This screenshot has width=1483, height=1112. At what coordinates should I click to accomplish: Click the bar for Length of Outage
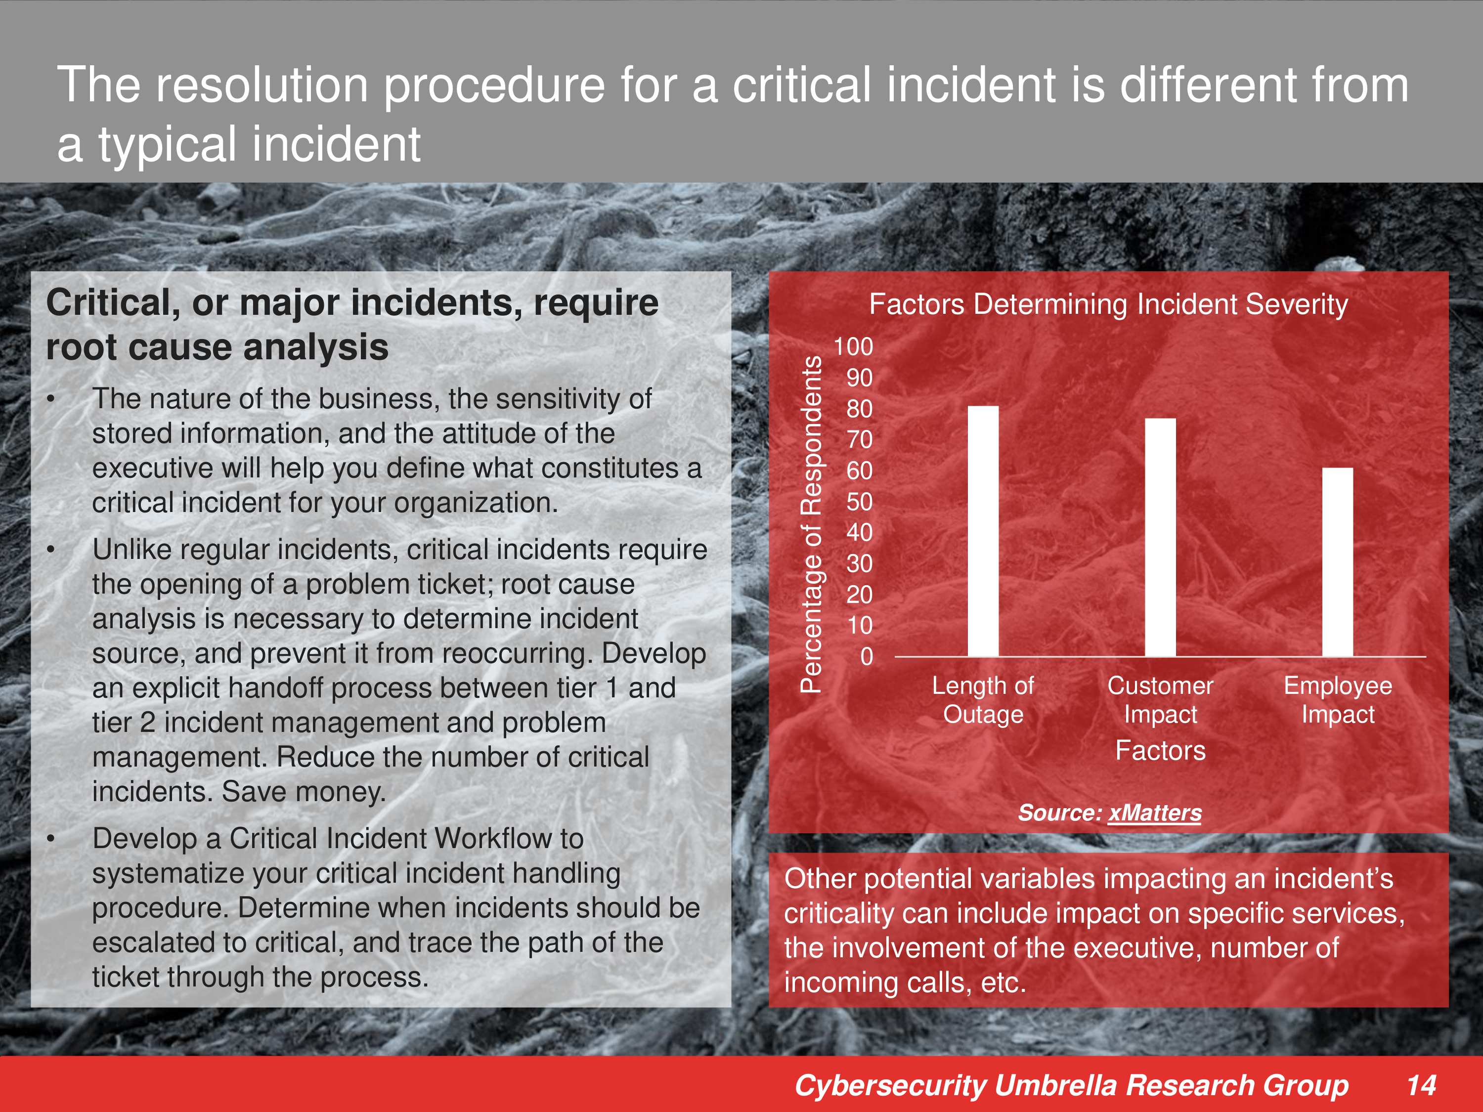(983, 531)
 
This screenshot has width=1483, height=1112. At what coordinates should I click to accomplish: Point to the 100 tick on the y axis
(853, 346)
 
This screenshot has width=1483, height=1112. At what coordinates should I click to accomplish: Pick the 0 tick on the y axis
(867, 657)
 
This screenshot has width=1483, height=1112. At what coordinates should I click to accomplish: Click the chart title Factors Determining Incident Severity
(1108, 305)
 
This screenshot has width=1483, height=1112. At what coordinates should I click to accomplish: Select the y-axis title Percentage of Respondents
(811, 524)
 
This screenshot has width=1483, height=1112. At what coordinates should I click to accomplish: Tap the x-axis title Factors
(1160, 751)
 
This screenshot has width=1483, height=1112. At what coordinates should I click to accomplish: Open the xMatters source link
(1154, 813)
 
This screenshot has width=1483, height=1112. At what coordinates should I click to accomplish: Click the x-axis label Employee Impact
(1338, 700)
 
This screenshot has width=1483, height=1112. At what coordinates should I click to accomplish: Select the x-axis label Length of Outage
(983, 700)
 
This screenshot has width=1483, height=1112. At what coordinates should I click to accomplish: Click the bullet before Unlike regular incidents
(51, 550)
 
